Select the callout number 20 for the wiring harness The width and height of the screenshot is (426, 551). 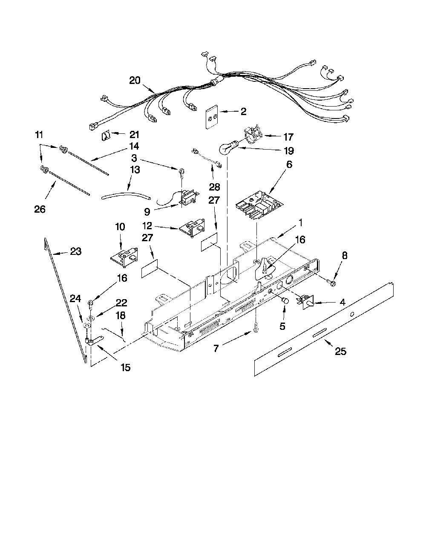(138, 81)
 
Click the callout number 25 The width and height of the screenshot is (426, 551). (340, 351)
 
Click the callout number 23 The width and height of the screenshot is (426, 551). (76, 251)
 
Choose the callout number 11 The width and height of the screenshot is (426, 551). (39, 135)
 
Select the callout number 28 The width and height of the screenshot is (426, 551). (214, 187)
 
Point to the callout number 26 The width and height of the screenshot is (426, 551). (40, 209)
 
